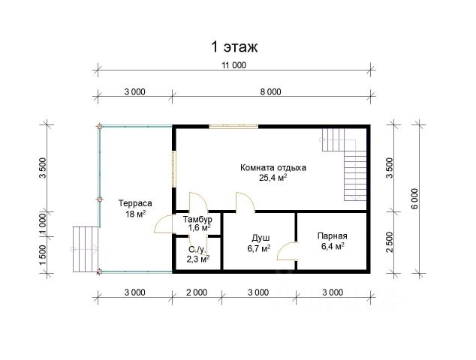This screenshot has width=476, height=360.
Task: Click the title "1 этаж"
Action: point(234,47)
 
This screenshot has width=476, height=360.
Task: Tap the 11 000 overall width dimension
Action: point(233,65)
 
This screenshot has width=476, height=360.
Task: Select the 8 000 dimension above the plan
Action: point(271,91)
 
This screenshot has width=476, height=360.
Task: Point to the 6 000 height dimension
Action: point(415,199)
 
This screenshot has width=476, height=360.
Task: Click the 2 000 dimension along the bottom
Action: point(197,292)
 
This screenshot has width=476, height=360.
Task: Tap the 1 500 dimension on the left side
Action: point(43,254)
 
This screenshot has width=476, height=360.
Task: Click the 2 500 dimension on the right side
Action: point(390,242)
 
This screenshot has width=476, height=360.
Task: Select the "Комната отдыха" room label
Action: point(273,168)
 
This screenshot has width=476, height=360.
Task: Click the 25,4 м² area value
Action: point(273,178)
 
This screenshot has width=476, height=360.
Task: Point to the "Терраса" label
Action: point(135,203)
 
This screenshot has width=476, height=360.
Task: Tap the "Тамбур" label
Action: point(197,219)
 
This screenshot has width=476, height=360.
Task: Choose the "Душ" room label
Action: point(261,238)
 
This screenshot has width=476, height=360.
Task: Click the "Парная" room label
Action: point(333,235)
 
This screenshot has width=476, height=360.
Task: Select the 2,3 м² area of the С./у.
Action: point(198,259)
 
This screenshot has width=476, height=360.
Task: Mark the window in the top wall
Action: point(233,127)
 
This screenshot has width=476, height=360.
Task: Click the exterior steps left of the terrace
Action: point(86,249)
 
